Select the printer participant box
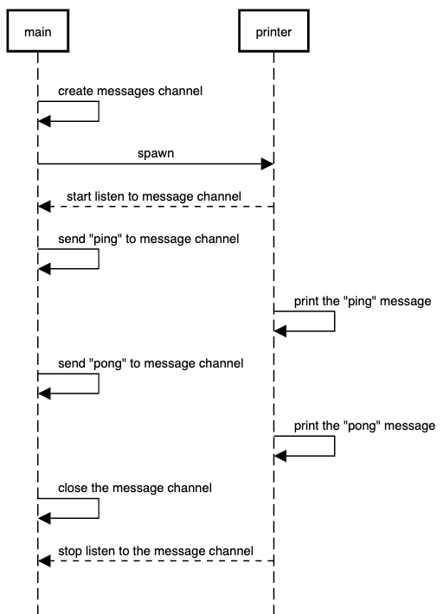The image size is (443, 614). coord(273,34)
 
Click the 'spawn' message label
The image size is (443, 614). coord(155,153)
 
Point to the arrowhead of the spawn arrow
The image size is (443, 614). coord(268,163)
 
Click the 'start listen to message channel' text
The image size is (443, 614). coord(154,196)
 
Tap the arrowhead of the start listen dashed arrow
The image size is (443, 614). coord(44,207)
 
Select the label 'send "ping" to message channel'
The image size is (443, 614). coord(149,238)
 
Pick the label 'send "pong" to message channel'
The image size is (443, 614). coord(151,363)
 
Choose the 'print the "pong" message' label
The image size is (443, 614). coord(364,425)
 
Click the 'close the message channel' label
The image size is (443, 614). coord(135,488)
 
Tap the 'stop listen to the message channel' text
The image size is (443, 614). coord(156,550)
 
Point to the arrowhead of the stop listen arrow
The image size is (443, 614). coord(44,561)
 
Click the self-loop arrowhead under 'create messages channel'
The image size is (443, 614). coord(45,122)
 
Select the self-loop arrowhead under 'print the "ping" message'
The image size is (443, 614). coord(280,330)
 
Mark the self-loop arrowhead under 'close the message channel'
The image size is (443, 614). coord(45,519)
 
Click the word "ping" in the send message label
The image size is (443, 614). coord(104,238)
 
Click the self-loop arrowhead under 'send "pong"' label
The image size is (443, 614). coord(45,393)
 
